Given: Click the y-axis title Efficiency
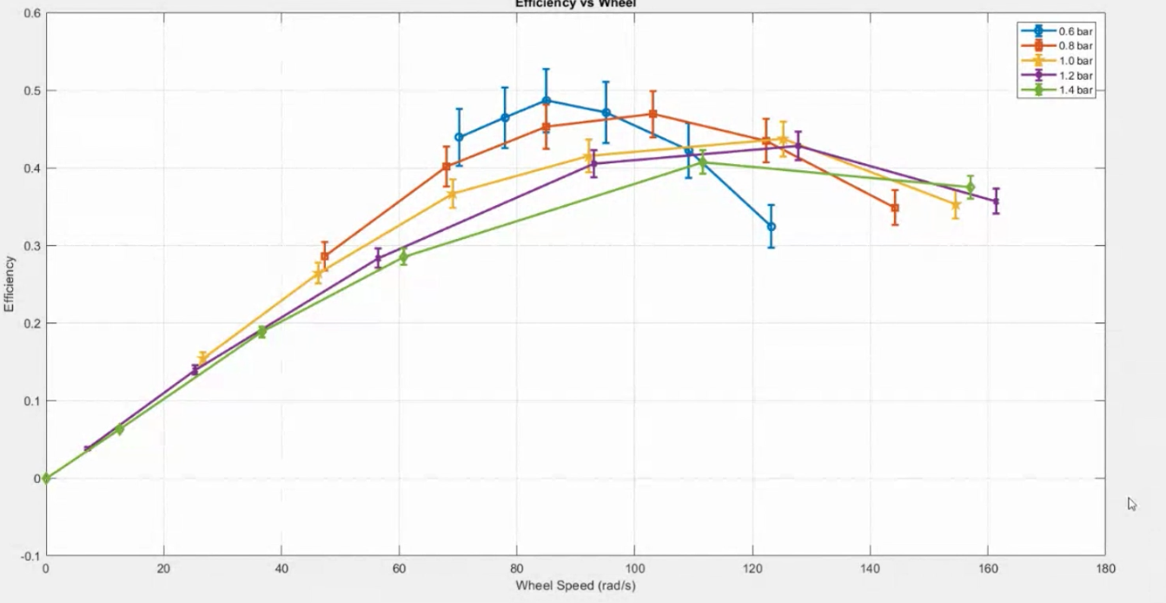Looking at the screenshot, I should (10, 283).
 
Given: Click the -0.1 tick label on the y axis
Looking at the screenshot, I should (29, 556).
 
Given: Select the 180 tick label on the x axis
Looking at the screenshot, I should (1105, 569).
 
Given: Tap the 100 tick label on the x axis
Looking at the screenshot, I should (634, 569).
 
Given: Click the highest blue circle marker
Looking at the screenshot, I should (546, 101).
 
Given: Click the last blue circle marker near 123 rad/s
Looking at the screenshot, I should (771, 227).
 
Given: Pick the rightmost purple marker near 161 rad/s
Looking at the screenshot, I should (996, 202).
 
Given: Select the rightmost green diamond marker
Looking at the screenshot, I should (970, 188).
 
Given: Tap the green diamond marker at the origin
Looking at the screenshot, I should (46, 478).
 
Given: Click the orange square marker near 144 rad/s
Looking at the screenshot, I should (894, 208).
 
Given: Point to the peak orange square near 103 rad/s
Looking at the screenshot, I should (653, 114).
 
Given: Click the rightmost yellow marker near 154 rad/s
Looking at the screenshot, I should (955, 206).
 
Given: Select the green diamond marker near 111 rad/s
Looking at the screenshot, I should (702, 162).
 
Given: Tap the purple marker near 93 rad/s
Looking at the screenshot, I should (593, 163).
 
